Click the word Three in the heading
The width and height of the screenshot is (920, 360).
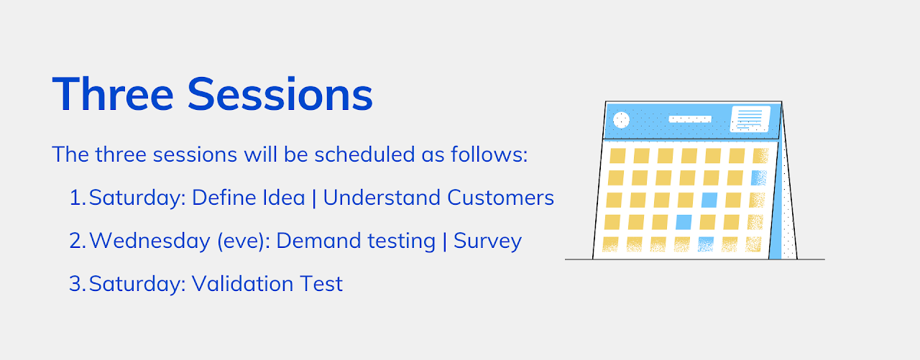point(114,93)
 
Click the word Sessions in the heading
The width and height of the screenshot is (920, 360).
point(280,93)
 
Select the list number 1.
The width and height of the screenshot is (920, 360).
point(77,198)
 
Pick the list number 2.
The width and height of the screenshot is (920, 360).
point(78,241)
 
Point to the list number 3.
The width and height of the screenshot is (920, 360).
point(78,284)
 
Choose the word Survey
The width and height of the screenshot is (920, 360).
point(487,241)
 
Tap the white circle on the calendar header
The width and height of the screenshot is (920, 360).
point(620,120)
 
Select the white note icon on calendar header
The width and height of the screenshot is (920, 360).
point(750,119)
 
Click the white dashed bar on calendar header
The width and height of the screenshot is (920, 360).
point(690,119)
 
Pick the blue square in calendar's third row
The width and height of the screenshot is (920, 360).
point(709,200)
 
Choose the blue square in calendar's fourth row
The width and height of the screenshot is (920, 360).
point(684,221)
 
